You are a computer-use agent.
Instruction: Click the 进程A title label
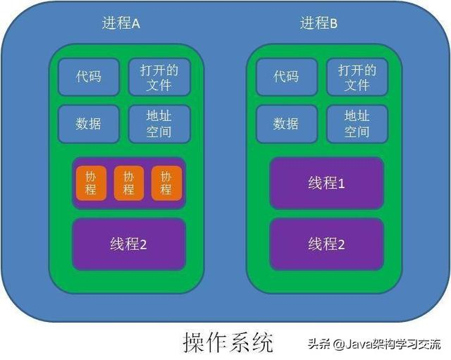point(121,23)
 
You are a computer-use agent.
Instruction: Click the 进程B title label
point(319,23)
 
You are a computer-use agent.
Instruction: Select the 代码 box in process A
point(89,77)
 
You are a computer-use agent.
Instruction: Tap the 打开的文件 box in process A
point(159,77)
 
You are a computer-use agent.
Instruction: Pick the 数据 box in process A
point(89,123)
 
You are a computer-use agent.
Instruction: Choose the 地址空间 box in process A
point(159,123)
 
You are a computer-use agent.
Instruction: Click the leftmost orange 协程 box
point(92,183)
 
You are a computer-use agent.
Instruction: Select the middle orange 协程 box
point(129,183)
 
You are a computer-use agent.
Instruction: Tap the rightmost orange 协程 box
point(166,183)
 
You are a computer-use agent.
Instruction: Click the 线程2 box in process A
point(129,244)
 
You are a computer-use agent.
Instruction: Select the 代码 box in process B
point(286,77)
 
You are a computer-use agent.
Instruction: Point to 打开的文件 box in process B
point(357,77)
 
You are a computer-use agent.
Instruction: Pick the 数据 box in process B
point(286,123)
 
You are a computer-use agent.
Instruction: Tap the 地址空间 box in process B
point(357,123)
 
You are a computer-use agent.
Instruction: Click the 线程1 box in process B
point(327,184)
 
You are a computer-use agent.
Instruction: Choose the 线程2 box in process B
point(327,244)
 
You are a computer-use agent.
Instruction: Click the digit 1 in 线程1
point(342,184)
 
